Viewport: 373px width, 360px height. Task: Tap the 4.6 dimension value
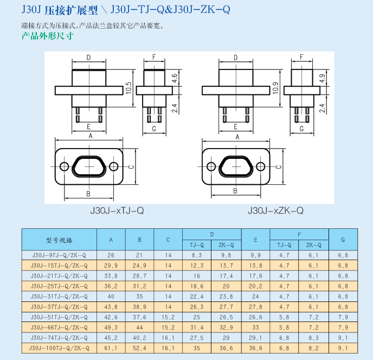(174, 78)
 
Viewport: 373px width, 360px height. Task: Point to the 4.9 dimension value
(322, 78)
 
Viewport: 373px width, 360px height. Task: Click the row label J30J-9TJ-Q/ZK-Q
(59, 255)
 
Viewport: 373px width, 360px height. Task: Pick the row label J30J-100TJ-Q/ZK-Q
(59, 348)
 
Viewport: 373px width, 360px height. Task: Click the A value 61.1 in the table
(111, 348)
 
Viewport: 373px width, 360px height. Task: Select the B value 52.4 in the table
(139, 348)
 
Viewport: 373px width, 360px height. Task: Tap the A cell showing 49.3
(111, 327)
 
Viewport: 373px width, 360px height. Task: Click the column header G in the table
(343, 239)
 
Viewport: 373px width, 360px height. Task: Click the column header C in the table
(168, 239)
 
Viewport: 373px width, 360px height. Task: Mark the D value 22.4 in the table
(197, 297)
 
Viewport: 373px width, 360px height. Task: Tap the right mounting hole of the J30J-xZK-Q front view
(260, 166)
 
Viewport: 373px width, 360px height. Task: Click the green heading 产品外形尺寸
(47, 36)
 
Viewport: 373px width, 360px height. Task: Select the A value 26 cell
(111, 255)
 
